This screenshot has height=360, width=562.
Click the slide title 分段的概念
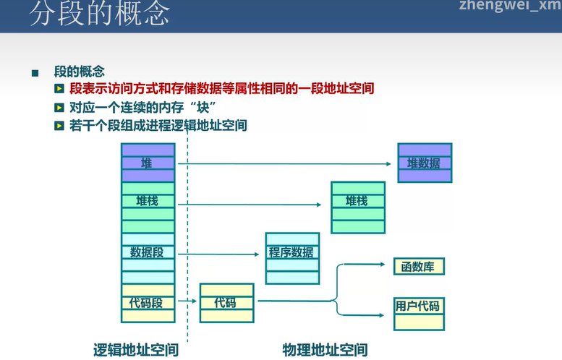point(100,14)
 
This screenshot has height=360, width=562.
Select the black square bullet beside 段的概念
point(34,73)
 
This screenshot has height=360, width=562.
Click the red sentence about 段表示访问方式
point(222,89)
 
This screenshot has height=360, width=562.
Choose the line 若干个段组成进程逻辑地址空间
point(158,125)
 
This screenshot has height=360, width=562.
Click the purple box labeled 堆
point(148,163)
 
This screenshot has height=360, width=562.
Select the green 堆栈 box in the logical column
point(148,201)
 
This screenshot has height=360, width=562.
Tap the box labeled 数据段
point(148,252)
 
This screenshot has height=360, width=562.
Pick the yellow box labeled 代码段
point(148,303)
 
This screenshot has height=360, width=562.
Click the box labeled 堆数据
point(424,163)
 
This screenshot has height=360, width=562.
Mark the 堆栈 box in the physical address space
point(357,201)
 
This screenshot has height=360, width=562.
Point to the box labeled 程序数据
point(292,252)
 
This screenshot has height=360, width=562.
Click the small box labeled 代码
point(226,303)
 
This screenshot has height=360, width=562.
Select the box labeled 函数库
point(418,266)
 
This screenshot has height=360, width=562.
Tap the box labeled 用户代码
point(417,306)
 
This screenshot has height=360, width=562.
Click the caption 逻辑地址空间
point(136,350)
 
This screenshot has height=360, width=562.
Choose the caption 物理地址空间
point(325,350)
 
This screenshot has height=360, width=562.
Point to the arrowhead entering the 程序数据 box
point(261,254)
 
